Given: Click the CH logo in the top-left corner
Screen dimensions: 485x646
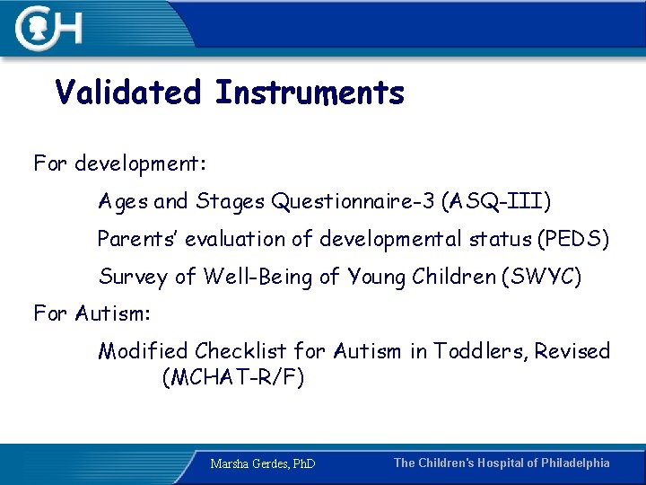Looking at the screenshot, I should coord(49,28).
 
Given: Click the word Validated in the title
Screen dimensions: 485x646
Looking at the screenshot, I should coord(127,93).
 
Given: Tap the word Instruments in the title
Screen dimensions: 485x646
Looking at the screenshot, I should coord(310,93).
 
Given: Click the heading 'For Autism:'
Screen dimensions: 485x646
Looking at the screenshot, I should coord(92,313).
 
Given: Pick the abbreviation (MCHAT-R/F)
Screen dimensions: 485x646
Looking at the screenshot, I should coord(233,377).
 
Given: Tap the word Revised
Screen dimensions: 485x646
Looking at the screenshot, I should coord(572,350).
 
